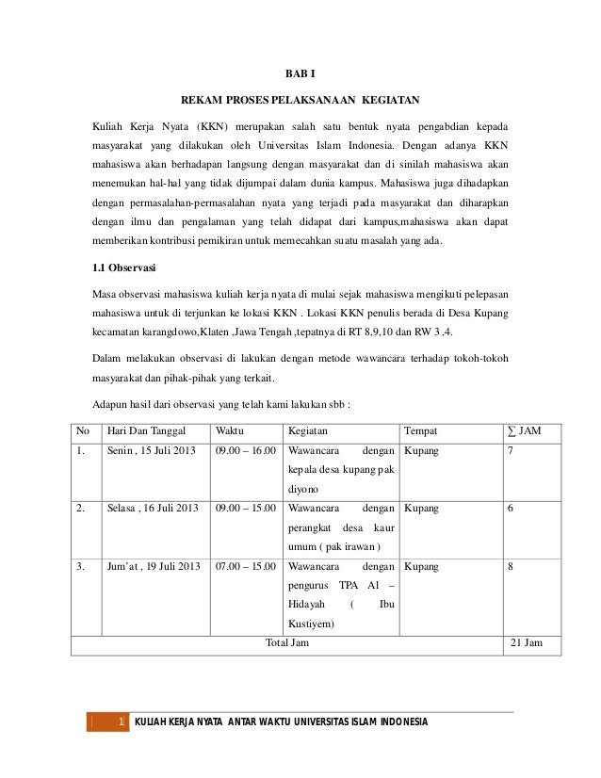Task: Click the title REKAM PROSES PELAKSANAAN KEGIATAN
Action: pyautogui.click(x=300, y=99)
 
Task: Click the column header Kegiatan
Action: pyautogui.click(x=308, y=431)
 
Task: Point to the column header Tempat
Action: pyautogui.click(x=419, y=431)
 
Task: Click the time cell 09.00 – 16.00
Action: pyautogui.click(x=245, y=451)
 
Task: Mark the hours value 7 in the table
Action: pyautogui.click(x=510, y=451)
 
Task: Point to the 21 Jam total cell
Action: pyautogui.click(x=526, y=643)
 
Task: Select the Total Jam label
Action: pyautogui.click(x=287, y=643)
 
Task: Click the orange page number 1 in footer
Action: pyautogui.click(x=122, y=722)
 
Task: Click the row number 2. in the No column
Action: pyautogui.click(x=83, y=509)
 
